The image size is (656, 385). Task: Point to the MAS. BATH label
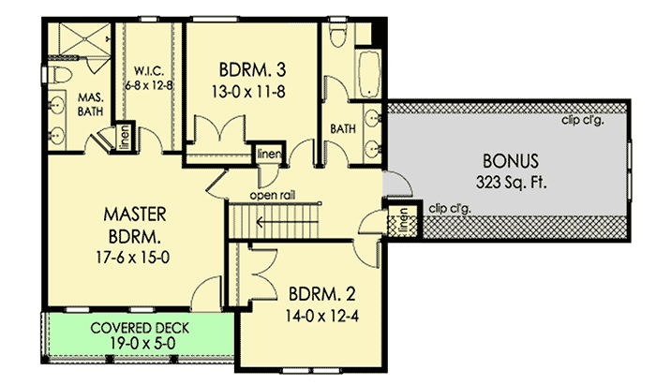coord(90,104)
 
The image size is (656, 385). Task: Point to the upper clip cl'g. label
coord(583,119)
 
